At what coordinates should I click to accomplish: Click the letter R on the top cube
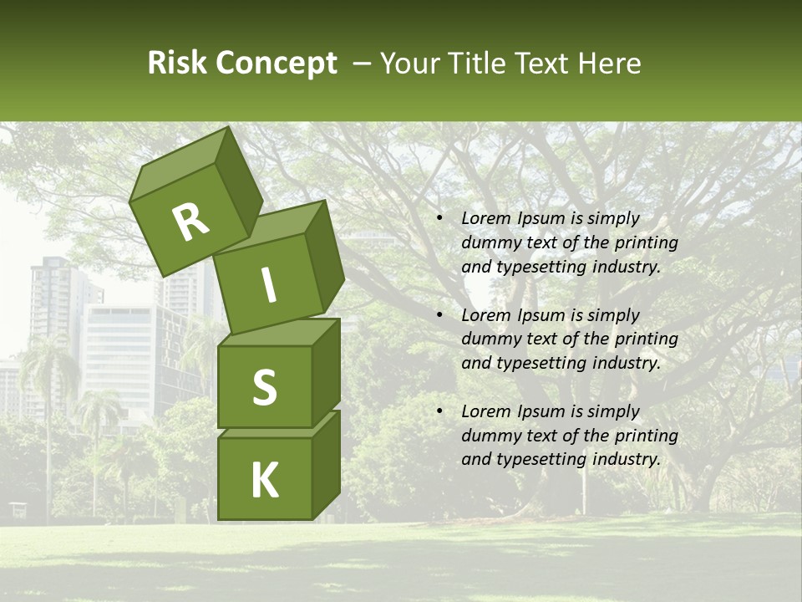[x=190, y=222]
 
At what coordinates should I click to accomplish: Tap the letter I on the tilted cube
[x=269, y=285]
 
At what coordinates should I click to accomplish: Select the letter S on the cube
[x=264, y=387]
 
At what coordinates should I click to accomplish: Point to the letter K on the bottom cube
[x=264, y=480]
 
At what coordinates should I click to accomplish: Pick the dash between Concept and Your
[x=363, y=64]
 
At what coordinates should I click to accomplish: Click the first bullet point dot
[x=439, y=218]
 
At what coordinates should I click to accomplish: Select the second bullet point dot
[x=439, y=315]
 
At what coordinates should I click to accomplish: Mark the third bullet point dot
[x=439, y=411]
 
